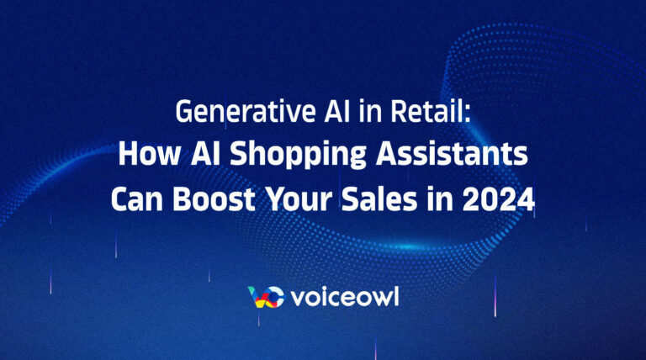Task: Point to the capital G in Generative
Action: pyautogui.click(x=183, y=112)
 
